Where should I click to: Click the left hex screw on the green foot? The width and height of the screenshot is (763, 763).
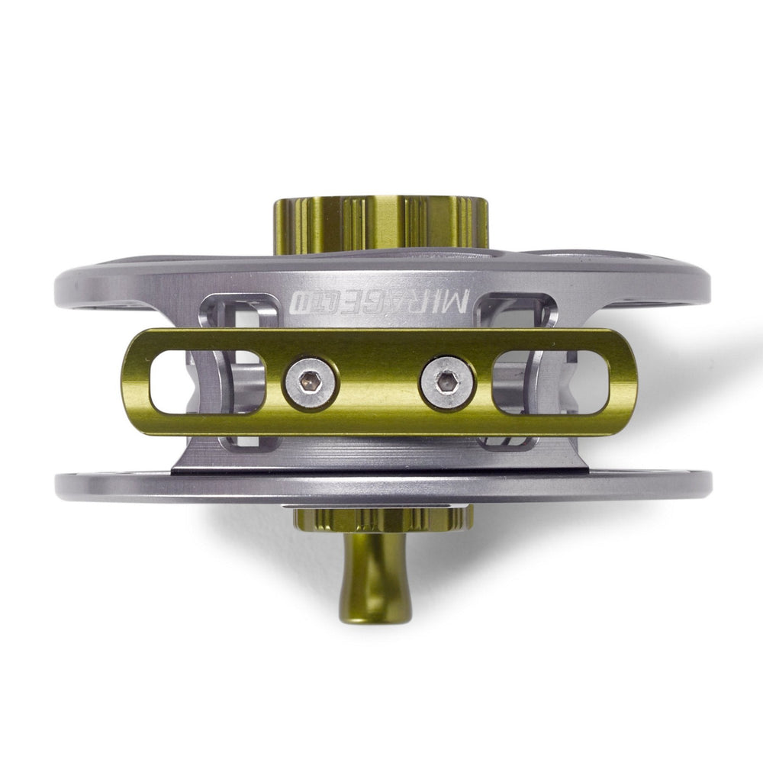click(x=309, y=382)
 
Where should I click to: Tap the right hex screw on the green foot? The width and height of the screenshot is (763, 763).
click(x=446, y=382)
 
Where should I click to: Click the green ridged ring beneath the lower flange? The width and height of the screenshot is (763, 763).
click(x=379, y=520)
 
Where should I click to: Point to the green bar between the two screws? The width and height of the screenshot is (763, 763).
click(x=378, y=382)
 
